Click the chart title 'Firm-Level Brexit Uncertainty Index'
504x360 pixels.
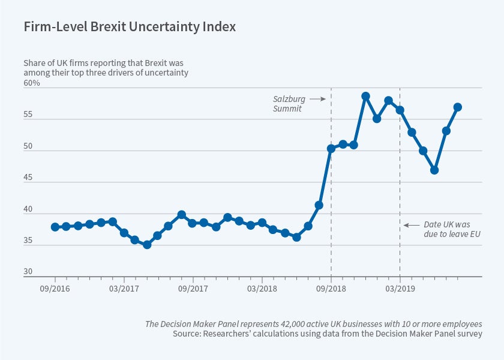point(130,27)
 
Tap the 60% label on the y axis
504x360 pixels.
point(32,83)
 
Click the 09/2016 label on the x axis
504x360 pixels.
point(55,287)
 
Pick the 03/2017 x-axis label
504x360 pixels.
point(124,287)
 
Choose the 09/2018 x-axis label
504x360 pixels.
point(331,287)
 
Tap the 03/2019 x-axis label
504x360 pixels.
point(400,287)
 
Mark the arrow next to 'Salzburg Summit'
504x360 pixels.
point(318,98)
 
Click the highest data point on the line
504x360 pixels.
point(365,96)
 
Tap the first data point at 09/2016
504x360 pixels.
point(55,227)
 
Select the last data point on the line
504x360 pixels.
point(458,107)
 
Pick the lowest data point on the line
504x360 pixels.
point(147,245)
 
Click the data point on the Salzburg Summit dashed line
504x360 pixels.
point(331,148)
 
